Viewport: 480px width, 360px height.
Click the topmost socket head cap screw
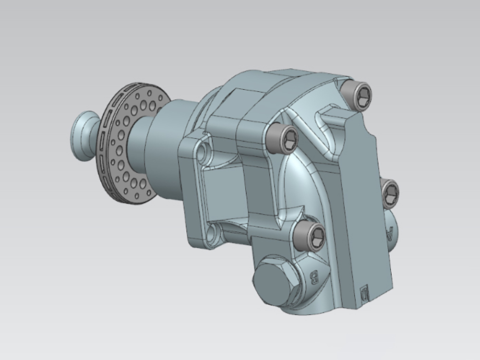(x=360, y=94)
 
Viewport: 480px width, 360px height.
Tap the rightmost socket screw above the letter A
(x=390, y=193)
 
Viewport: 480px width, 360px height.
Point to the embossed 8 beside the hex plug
(x=315, y=277)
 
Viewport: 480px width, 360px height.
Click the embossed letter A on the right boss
(x=389, y=234)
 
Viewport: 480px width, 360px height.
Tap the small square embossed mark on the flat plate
(x=364, y=292)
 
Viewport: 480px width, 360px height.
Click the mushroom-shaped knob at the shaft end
(x=83, y=135)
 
